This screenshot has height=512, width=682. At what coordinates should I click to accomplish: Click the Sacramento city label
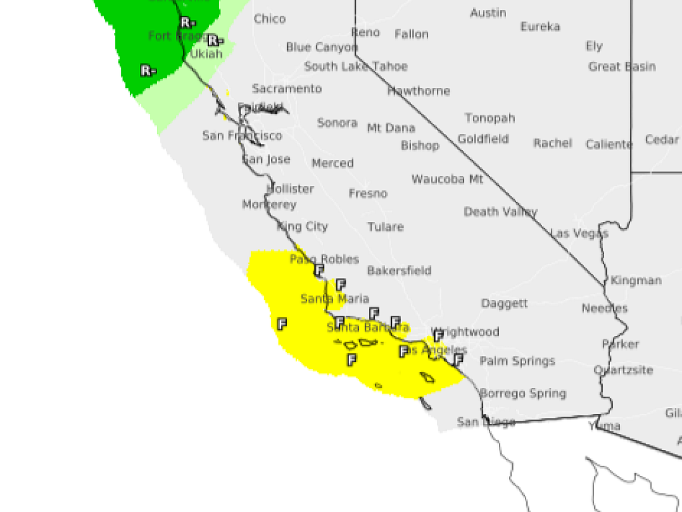click(286, 89)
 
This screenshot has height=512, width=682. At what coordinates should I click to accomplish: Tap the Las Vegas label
click(579, 233)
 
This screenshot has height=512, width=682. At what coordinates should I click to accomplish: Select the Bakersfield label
click(399, 271)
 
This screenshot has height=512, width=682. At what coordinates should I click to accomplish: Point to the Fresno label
click(368, 193)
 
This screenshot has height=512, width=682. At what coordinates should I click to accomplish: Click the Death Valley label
click(500, 212)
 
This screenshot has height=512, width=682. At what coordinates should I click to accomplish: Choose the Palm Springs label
click(517, 361)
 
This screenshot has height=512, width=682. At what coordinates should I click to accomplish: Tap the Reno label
click(365, 33)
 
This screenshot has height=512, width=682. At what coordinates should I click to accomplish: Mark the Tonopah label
click(490, 118)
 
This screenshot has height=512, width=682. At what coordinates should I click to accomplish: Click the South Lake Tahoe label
click(356, 67)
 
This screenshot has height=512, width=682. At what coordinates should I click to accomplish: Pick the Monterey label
click(269, 205)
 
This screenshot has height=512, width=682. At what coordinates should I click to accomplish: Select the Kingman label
click(636, 281)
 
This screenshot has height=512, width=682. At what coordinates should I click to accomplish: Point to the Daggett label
click(504, 303)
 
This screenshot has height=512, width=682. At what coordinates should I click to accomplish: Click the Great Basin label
click(621, 67)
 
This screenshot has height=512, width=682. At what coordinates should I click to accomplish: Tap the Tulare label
click(386, 227)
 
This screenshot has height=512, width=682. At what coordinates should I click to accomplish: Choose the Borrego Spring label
click(523, 393)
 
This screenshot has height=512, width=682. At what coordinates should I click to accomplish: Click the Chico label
click(270, 19)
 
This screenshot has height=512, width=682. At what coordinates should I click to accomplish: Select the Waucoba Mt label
click(447, 179)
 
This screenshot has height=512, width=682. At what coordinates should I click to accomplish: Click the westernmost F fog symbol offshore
click(282, 324)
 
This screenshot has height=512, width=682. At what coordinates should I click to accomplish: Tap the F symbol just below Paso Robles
click(319, 270)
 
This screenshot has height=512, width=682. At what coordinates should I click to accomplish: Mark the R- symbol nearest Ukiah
click(214, 41)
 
